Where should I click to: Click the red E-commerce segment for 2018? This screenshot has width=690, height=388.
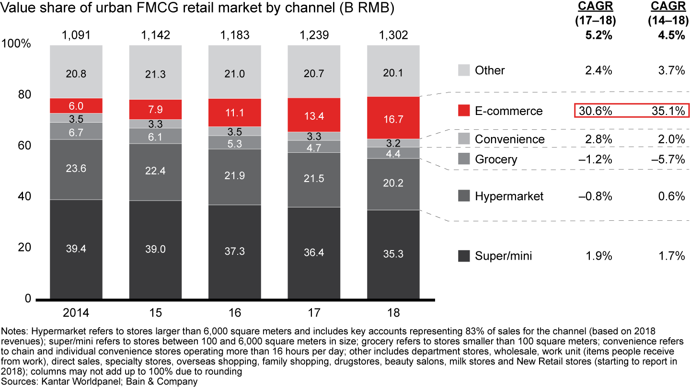click(393, 118)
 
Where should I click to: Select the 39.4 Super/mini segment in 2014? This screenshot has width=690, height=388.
click(76, 249)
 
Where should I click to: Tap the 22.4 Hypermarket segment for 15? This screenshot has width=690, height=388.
click(155, 172)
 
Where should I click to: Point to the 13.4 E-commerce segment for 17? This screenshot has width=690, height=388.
click(314, 115)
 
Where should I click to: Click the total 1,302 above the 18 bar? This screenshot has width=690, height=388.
click(393, 35)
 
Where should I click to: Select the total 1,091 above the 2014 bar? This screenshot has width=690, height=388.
click(76, 35)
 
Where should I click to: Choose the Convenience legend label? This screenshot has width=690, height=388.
click(510, 139)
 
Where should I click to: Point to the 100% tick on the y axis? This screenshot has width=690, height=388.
click(17, 44)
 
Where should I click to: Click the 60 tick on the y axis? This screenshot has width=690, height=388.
click(23, 145)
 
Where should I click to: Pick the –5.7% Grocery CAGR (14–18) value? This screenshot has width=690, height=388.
click(667, 159)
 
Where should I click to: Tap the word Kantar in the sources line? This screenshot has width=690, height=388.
click(52, 382)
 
